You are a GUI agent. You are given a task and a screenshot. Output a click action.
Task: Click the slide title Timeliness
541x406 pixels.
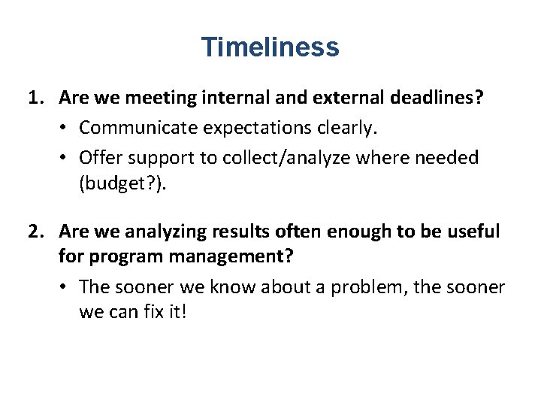pyautogui.click(x=270, y=47)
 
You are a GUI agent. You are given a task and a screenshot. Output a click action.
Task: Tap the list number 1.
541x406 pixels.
pyautogui.click(x=34, y=98)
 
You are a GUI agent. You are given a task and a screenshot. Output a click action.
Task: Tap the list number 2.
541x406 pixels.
pyautogui.click(x=34, y=233)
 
